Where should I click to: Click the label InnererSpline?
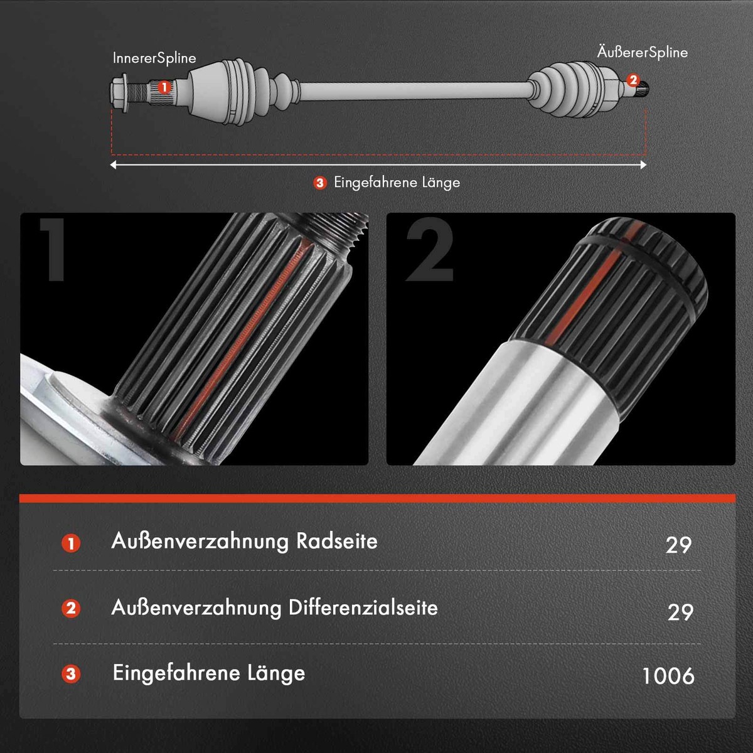[x=154, y=58]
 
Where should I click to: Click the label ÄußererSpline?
[x=642, y=52]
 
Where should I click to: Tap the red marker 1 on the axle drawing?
[x=164, y=87]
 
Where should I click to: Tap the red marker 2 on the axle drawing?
[x=633, y=80]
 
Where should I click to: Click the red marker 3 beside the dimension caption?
[x=320, y=183]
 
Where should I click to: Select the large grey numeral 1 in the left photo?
[x=53, y=250]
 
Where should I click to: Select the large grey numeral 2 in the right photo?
[x=430, y=250]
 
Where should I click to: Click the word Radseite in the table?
[x=336, y=541]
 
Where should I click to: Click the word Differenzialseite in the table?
[x=363, y=607]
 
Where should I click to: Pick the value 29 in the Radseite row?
[x=678, y=545]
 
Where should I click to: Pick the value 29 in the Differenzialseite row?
[x=680, y=612]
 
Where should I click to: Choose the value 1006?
[x=668, y=676]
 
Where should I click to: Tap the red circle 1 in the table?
[x=71, y=543]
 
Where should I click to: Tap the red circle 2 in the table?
[x=71, y=608]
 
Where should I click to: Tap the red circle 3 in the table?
[x=71, y=675]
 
